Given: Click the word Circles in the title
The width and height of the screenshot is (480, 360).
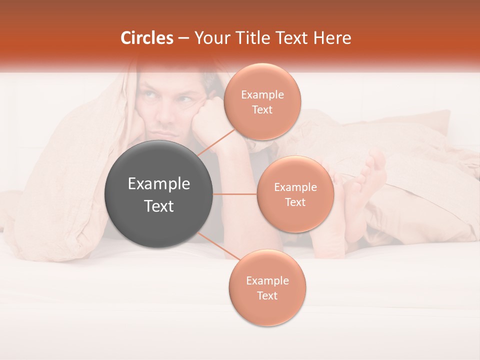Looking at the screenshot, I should coord(146,37).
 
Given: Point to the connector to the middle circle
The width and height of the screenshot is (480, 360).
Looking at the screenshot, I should coord(235,194).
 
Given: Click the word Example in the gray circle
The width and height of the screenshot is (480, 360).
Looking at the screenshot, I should coord(159,184).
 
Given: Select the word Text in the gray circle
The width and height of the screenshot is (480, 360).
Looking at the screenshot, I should coord(159,206).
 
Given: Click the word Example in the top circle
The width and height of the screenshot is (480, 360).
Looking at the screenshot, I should coord(262,95).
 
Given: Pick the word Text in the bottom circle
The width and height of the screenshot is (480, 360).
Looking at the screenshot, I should coord(267,295).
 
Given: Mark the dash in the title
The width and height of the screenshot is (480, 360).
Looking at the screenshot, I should coord(183,38).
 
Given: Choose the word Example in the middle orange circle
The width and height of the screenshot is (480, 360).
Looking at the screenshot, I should coord(295,187).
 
